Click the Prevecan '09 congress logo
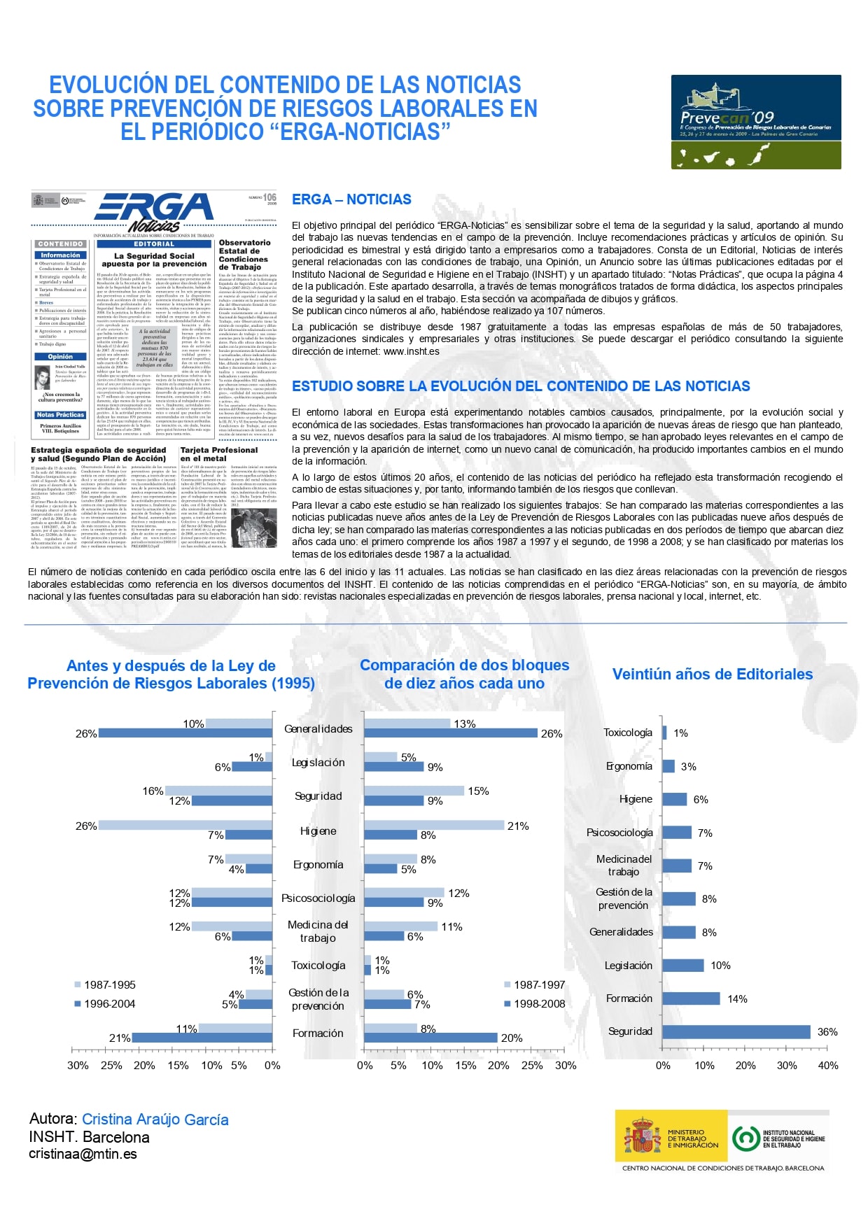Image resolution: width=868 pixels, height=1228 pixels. click(x=756, y=122)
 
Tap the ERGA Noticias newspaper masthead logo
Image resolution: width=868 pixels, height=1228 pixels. click(x=154, y=211)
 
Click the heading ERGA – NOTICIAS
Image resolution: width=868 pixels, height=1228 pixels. click(x=351, y=199)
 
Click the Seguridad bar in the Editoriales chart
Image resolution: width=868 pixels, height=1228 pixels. click(x=736, y=1032)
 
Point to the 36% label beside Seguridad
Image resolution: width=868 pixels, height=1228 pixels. click(x=827, y=1032)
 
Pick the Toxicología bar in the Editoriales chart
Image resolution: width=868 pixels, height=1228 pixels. click(x=664, y=733)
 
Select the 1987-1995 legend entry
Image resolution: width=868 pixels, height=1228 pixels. click(x=109, y=984)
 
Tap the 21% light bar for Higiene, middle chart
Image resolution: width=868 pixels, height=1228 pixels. click(x=434, y=826)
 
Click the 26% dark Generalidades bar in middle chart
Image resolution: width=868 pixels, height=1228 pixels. click(x=451, y=733)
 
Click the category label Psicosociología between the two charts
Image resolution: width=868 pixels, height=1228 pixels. click(x=318, y=898)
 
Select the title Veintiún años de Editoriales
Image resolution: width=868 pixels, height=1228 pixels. click(x=712, y=674)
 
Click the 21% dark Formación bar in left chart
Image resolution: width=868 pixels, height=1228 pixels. click(x=202, y=1038)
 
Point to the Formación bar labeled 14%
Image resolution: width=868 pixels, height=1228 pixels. click(x=691, y=998)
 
